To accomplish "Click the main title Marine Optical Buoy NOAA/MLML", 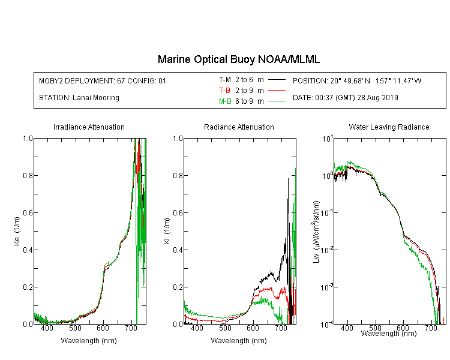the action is click(x=238, y=59).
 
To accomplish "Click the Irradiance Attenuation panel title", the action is click(x=89, y=127).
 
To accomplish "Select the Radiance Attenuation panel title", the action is click(x=239, y=127).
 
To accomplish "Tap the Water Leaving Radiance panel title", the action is click(x=389, y=127).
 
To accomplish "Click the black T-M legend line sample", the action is click(x=277, y=80).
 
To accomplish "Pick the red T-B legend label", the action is click(x=224, y=91).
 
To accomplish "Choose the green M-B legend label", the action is click(x=225, y=101).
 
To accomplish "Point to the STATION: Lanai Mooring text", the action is click(x=79, y=98).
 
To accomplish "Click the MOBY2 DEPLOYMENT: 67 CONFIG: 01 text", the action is click(x=103, y=81).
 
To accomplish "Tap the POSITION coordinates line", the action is click(x=357, y=81).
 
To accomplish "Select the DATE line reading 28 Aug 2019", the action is click(x=346, y=98).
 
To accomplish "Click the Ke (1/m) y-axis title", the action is click(x=17, y=231).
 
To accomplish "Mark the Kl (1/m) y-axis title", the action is click(x=167, y=231).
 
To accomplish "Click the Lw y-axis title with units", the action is click(x=316, y=232).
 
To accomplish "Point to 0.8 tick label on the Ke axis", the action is click(x=28, y=175).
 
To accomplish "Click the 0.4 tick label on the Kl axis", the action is click(x=178, y=250).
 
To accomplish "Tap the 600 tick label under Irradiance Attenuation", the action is click(x=103, y=328).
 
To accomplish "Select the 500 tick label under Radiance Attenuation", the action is click(x=225, y=328).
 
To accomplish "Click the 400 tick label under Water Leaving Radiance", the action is click(x=347, y=328).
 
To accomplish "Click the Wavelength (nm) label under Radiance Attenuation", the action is click(x=239, y=341).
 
